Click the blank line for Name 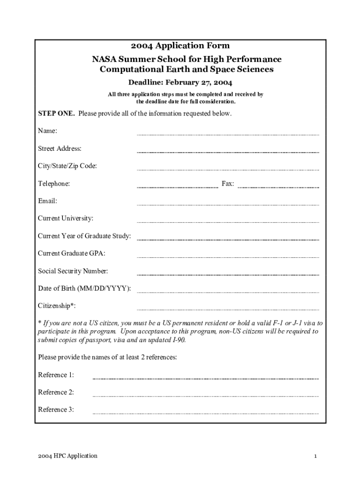227,134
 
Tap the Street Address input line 227,152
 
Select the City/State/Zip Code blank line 227,169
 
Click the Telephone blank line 177,187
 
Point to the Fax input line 278,187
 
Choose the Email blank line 227,204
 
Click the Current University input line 227,222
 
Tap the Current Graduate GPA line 227,257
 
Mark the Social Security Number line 227,274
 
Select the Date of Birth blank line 227,292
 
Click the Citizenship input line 227,310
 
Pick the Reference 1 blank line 205,378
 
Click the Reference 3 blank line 205,413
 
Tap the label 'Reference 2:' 56,392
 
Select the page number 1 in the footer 316,456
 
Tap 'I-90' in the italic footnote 178,340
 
